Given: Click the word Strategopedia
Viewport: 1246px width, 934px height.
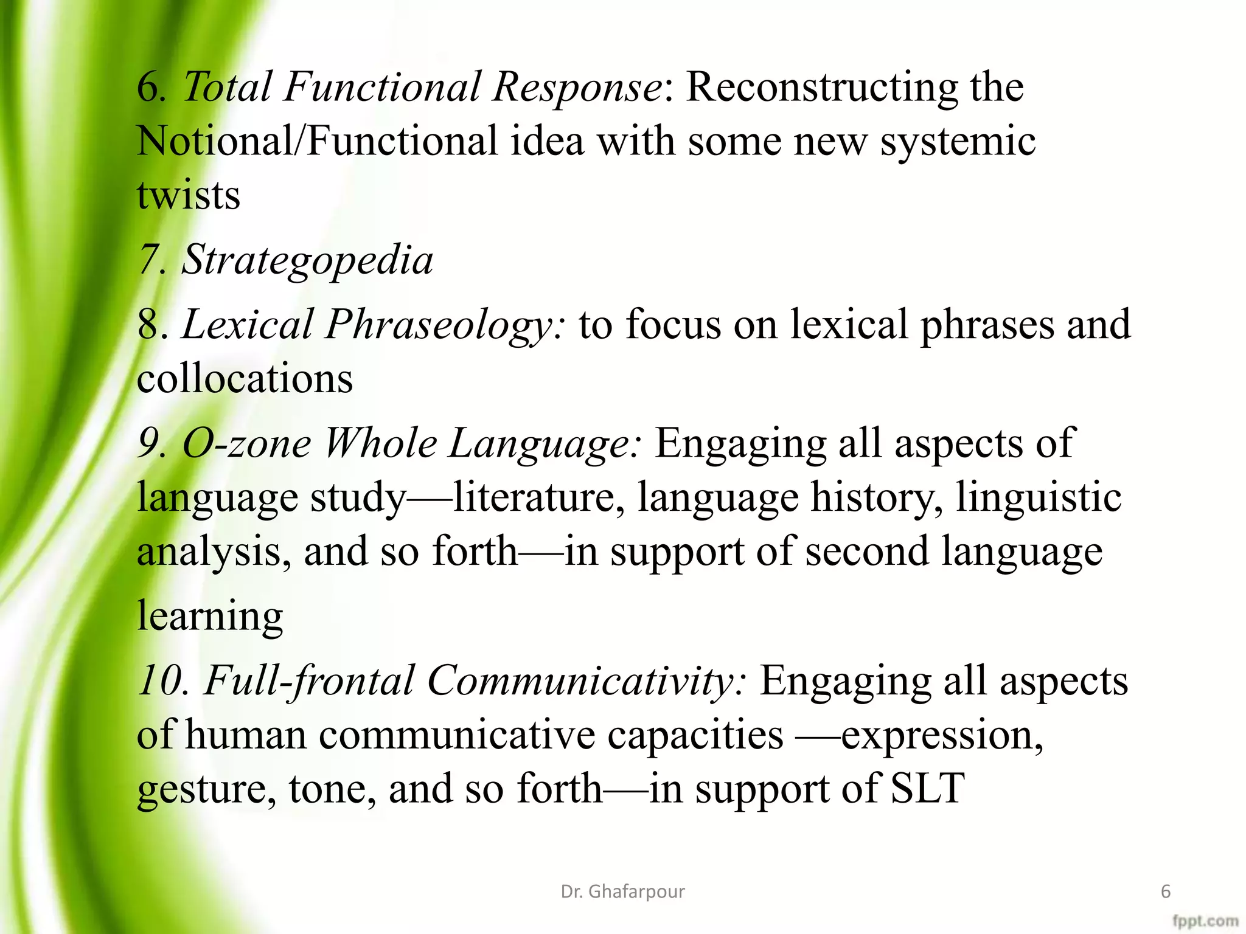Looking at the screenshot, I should coord(307,260).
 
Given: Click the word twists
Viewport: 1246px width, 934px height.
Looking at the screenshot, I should coord(188,195).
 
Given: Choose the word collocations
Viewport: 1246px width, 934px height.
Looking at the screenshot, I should coord(245,379).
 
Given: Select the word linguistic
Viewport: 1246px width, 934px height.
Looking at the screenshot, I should coord(1038,497).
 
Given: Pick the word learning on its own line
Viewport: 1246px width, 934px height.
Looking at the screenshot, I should coord(210,615).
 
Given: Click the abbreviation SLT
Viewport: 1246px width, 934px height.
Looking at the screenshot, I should coord(927,789).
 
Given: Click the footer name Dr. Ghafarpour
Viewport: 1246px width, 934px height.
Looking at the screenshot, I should coord(622,891).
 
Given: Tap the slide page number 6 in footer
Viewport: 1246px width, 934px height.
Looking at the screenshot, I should coord(1166,891).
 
